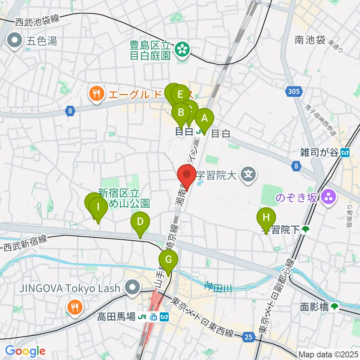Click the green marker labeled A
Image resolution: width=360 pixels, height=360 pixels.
coord(204,118)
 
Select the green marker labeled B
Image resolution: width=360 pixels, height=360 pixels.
coord(181,112)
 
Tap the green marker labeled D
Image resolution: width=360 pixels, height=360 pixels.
coord(140,222)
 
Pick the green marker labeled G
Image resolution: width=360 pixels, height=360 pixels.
coord(168,259)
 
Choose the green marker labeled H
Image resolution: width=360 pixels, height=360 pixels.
coord(266,217)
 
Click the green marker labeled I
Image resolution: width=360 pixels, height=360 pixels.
coord(98,207)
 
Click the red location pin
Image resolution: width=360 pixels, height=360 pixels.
coord(186,175)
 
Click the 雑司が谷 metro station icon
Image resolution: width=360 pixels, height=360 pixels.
coord(345,152)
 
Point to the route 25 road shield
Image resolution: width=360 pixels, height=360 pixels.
coord(248,337)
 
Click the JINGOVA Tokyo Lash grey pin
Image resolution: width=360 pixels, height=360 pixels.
coord(132,288)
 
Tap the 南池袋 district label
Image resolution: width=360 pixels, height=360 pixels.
coord(310,40)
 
